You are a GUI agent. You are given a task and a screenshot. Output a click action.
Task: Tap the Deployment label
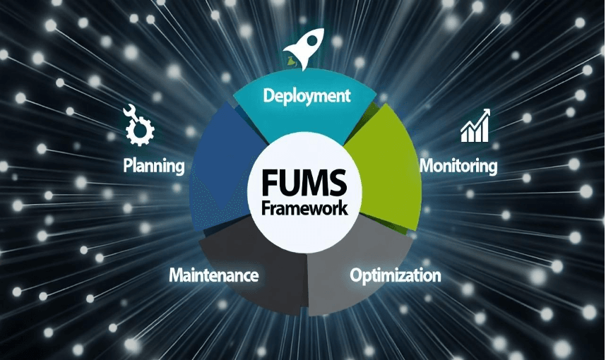click(307, 96)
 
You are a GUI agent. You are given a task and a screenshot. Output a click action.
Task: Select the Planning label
click(154, 166)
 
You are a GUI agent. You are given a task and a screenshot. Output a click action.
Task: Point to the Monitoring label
click(458, 166)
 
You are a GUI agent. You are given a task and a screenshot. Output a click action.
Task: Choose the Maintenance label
click(213, 275)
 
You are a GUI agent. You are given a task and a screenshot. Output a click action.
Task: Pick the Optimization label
click(396, 275)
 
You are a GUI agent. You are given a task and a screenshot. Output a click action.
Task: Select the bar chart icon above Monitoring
click(475, 126)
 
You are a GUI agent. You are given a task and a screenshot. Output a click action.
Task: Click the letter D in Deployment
click(268, 96)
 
